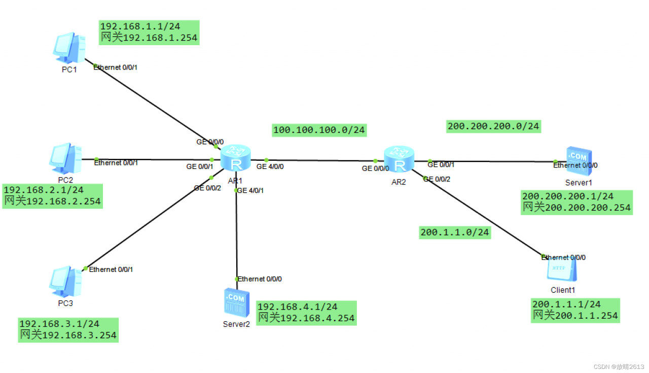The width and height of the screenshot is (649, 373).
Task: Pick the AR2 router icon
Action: (x=399, y=159)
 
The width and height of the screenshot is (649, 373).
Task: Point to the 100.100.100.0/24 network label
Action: (x=319, y=130)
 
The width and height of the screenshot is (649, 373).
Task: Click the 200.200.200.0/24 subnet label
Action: (x=493, y=126)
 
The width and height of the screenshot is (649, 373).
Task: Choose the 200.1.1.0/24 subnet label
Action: (x=455, y=232)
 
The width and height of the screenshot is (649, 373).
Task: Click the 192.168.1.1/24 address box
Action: (x=149, y=32)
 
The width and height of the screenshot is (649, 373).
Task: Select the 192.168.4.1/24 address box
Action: (x=306, y=313)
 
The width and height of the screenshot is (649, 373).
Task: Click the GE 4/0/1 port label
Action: (x=251, y=190)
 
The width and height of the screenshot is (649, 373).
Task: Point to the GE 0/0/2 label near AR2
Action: (x=437, y=179)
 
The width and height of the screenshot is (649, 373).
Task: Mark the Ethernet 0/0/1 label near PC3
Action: (x=111, y=269)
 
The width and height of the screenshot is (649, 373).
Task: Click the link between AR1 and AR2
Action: (x=319, y=161)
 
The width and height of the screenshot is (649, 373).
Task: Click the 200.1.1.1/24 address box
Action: (x=575, y=310)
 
